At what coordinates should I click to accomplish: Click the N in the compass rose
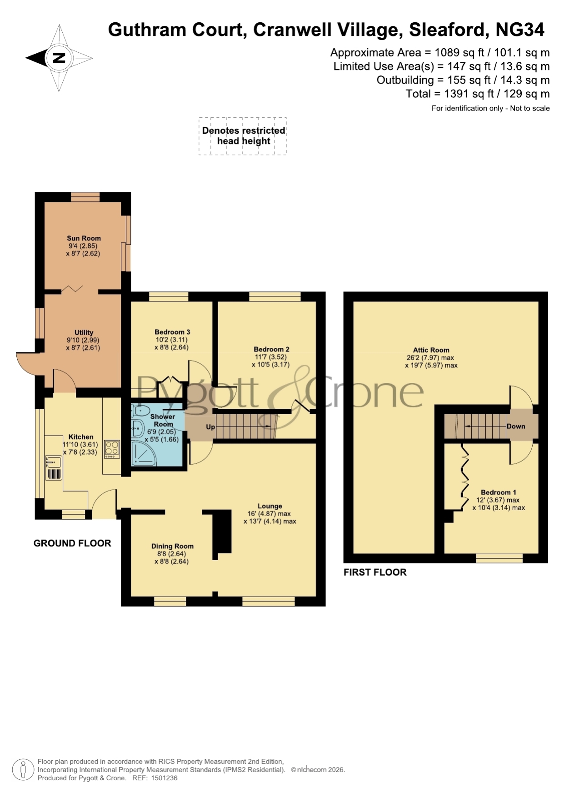pyautogui.click(x=59, y=58)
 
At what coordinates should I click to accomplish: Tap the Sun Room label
pyautogui.click(x=84, y=238)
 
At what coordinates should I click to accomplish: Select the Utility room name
pyautogui.click(x=84, y=332)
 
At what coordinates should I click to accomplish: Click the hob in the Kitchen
pyautogui.click(x=112, y=449)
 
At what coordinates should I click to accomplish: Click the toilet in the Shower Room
pyautogui.click(x=139, y=411)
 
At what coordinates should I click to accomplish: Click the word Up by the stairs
pyautogui.click(x=210, y=427)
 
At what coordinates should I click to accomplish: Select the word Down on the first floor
pyautogui.click(x=516, y=427)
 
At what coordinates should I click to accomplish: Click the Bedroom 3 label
pyautogui.click(x=172, y=332)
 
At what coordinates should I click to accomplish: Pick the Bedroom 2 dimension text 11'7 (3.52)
pyautogui.click(x=270, y=357)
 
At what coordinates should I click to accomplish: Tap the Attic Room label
pyautogui.click(x=431, y=350)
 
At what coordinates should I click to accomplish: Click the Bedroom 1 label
pyautogui.click(x=499, y=492)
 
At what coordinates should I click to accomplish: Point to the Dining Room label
pyautogui.click(x=172, y=546)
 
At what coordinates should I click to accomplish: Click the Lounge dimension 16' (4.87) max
pyautogui.click(x=269, y=514)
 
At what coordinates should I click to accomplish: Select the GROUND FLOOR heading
pyautogui.click(x=72, y=543)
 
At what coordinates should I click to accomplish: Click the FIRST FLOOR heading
pyautogui.click(x=375, y=572)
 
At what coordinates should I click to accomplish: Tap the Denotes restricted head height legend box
pyautogui.click(x=243, y=136)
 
